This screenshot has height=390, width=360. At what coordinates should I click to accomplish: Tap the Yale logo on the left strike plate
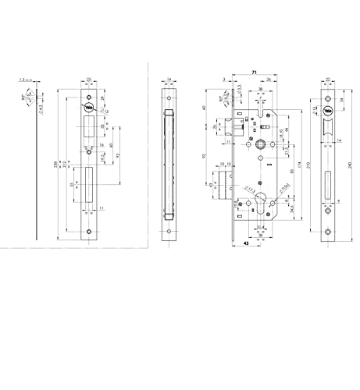click(89, 108)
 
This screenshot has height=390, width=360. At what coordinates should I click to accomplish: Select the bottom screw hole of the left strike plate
click(89, 232)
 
